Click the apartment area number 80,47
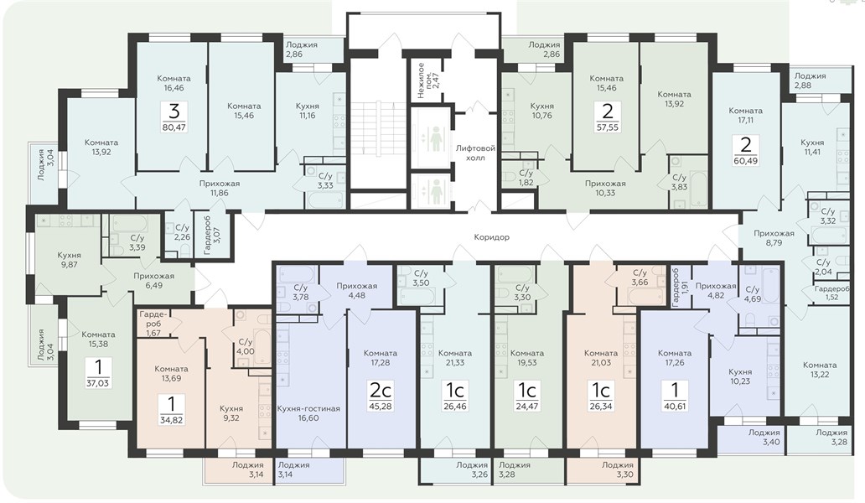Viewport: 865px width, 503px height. pos(174,127)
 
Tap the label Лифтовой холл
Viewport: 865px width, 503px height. pos(475,153)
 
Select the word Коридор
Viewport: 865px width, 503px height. pos(491,237)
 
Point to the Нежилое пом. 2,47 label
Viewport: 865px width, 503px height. pos(427,80)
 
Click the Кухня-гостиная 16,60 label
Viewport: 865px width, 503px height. pos(308,413)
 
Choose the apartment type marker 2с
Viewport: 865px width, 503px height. pos(380,391)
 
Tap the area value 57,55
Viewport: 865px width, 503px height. pos(608,127)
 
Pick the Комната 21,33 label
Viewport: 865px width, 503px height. pos(454,357)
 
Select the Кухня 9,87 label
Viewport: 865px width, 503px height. pos(69,260)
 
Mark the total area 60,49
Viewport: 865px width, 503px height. pos(746,161)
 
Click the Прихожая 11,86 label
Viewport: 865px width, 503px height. pos(219,188)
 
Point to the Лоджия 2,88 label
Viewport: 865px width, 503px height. pos(810,80)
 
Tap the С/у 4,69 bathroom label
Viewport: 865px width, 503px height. pos(753,294)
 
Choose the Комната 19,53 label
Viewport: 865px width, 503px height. pos(527,357)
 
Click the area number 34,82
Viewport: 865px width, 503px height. pos(171,420)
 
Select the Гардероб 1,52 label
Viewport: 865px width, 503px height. pos(832,293)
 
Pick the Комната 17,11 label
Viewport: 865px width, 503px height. pos(745,115)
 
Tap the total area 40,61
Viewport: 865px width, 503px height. pos(675,407)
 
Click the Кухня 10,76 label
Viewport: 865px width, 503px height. pos(541,111)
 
